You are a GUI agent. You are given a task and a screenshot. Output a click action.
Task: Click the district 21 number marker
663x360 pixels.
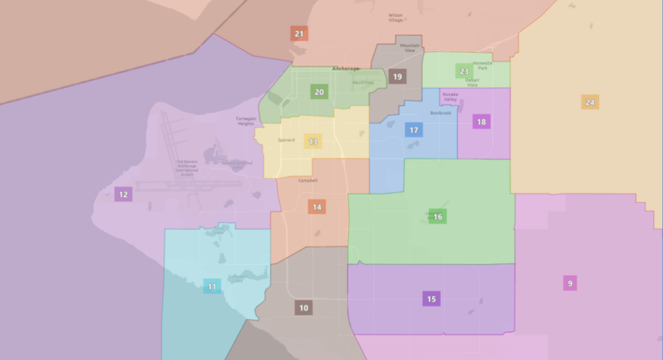click(x=299, y=34)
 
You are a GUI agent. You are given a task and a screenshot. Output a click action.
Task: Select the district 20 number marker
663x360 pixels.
click(x=320, y=92)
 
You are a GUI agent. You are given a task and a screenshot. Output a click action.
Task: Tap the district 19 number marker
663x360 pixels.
click(x=398, y=77)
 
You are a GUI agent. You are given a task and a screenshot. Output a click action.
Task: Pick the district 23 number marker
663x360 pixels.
click(x=464, y=71)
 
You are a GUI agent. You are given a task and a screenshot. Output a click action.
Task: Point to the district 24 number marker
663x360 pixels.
click(x=590, y=102)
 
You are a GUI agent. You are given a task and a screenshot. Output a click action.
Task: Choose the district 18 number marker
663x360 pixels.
click(x=481, y=121)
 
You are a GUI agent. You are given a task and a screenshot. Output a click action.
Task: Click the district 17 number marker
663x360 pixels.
click(x=413, y=129)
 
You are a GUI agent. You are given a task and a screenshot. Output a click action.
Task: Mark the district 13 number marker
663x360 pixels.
click(x=313, y=142)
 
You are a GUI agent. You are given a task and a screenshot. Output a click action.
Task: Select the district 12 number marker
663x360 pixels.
click(x=123, y=194)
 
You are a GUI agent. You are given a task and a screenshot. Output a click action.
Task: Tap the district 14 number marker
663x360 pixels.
click(x=317, y=207)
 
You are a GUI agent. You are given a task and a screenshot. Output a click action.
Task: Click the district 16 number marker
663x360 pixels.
click(x=438, y=216)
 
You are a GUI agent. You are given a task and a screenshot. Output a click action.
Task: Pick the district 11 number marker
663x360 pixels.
click(x=212, y=286)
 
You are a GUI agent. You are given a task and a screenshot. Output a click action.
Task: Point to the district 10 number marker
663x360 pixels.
click(x=304, y=307)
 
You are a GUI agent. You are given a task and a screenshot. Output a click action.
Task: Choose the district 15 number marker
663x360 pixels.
click(x=431, y=299)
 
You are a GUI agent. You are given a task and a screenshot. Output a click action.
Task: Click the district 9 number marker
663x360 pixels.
click(x=570, y=283)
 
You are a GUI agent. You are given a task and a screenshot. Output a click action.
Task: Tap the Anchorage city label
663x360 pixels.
click(x=346, y=69)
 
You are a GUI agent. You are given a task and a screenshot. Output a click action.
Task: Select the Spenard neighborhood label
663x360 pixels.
click(x=286, y=140)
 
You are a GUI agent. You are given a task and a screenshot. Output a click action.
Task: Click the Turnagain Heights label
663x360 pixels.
click(x=245, y=121)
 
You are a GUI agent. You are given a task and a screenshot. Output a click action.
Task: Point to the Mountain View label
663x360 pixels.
click(x=410, y=48)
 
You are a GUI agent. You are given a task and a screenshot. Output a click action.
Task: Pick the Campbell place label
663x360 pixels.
click(x=308, y=180)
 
